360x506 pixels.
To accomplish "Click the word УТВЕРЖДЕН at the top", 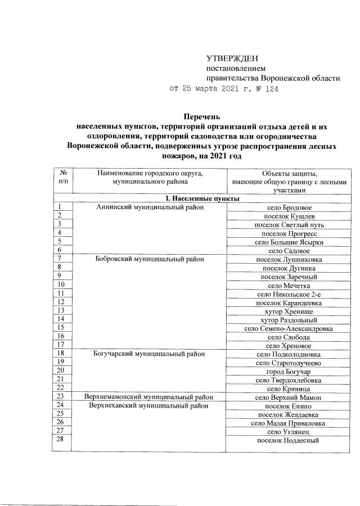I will [x=231, y=58].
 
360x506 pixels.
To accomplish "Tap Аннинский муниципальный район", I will [x=148, y=207].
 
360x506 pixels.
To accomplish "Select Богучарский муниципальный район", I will [x=148, y=354].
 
